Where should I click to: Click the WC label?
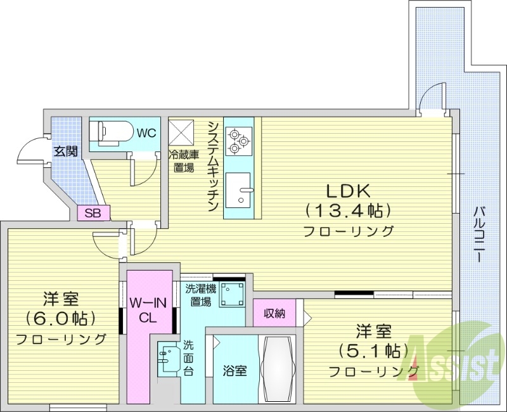tap(147, 133)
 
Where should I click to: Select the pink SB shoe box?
tap(93, 213)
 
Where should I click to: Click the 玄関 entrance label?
tap(65, 151)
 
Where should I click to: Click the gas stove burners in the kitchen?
tap(240, 139)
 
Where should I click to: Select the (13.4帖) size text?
tap(347, 210)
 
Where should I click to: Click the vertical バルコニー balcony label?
tap(480, 235)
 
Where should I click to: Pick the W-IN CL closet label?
tap(149, 311)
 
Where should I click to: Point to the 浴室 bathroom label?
tap(234, 371)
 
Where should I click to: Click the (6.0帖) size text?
tap(60, 317)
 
